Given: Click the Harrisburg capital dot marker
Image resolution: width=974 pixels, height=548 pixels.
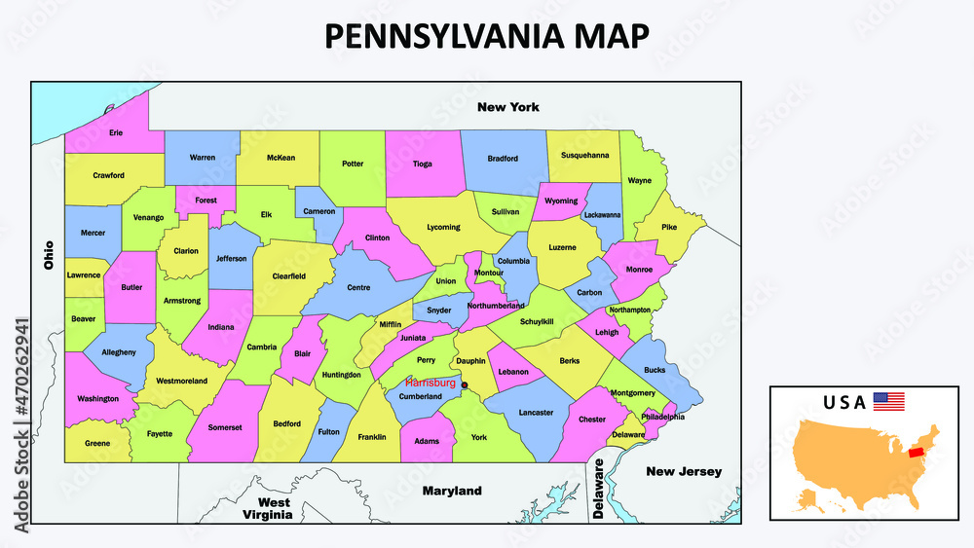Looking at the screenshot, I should (x=465, y=385).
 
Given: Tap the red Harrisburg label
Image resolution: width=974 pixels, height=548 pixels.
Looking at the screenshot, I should (x=431, y=384).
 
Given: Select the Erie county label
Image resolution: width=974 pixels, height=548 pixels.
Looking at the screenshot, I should (x=116, y=132).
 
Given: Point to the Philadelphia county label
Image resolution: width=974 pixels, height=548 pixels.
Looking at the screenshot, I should (x=662, y=417).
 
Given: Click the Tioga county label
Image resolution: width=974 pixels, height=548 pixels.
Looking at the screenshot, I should (x=423, y=164).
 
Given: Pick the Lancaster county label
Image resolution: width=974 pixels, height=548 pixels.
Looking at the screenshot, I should (x=535, y=413).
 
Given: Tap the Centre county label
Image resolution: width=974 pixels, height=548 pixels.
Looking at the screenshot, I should (x=358, y=287).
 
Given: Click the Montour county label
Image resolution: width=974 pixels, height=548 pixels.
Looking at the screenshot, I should (x=488, y=274).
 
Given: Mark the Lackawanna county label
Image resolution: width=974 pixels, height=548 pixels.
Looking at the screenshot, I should (x=602, y=215).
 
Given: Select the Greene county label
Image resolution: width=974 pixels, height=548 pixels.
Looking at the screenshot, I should (x=97, y=443).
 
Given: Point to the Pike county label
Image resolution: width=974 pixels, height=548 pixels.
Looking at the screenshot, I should (x=669, y=228).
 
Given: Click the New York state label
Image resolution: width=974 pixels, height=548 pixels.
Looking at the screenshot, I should (x=507, y=107).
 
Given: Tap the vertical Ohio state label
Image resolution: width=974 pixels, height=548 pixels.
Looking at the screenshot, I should (x=48, y=255).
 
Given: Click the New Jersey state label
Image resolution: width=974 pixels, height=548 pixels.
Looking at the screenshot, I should (x=685, y=472).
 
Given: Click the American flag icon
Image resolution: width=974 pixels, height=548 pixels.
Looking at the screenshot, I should (x=888, y=401).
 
